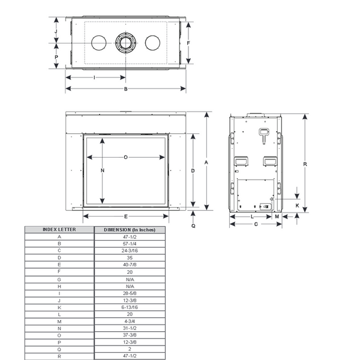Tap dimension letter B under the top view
125,89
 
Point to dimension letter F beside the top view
188,43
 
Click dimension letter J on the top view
56,31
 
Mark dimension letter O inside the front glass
125,157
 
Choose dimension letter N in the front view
103,170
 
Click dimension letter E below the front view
126,217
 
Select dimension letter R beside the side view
305,164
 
